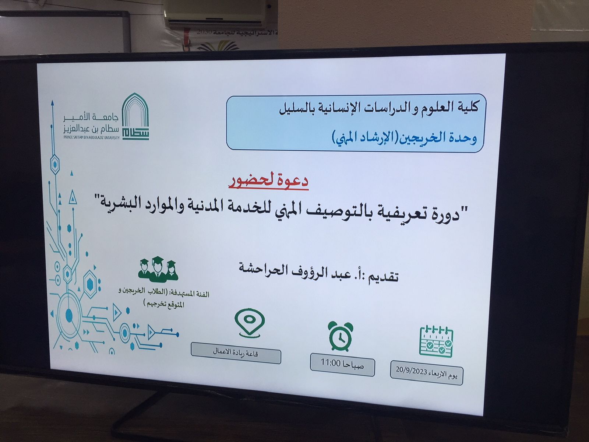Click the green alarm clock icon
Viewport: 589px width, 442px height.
point(340,336)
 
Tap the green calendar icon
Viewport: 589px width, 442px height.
point(436,341)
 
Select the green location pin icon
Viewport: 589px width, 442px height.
point(249,323)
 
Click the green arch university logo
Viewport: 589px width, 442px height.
point(135,116)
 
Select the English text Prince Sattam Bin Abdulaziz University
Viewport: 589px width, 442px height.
point(91,137)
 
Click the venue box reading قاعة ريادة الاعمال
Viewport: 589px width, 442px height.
point(236,353)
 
